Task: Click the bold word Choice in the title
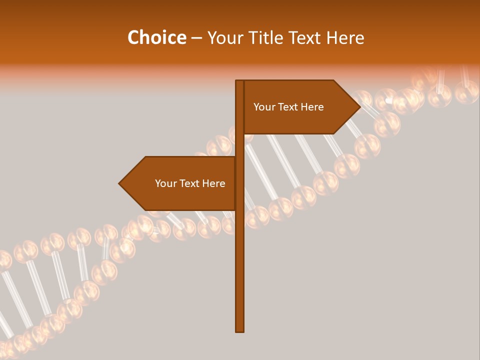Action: (x=156, y=37)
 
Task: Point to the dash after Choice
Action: (x=196, y=38)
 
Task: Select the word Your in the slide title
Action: (x=224, y=37)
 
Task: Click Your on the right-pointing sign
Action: (x=263, y=107)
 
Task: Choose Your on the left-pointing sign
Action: (x=165, y=183)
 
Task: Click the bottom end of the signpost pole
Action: (x=239, y=330)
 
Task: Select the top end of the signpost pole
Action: (x=239, y=81)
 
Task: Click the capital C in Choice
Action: (x=133, y=37)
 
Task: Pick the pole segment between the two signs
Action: (x=239, y=145)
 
